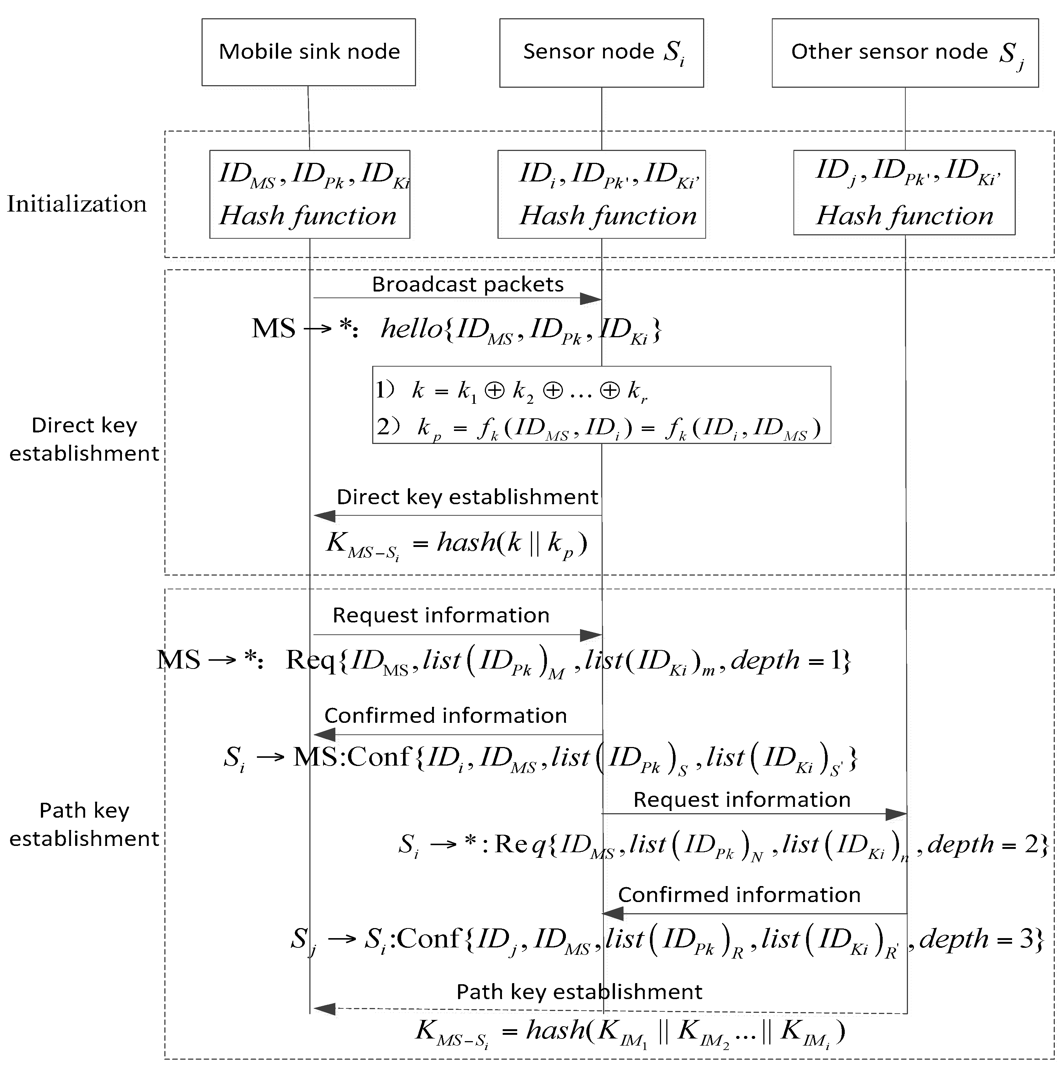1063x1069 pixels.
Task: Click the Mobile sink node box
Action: pos(308,52)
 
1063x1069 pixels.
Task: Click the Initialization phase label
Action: pos(77,204)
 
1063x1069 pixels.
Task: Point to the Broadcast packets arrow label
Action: pos(468,284)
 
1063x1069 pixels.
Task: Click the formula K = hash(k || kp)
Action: pos(457,543)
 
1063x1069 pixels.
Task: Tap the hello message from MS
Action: pos(520,329)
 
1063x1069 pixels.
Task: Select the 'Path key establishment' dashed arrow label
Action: pos(579,992)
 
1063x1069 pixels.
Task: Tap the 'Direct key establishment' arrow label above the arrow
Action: pos(468,497)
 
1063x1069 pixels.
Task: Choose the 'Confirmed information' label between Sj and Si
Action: pos(739,895)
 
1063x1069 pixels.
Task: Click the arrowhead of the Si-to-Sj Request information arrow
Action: pos(896,814)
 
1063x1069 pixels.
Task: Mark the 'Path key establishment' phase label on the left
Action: pos(84,824)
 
